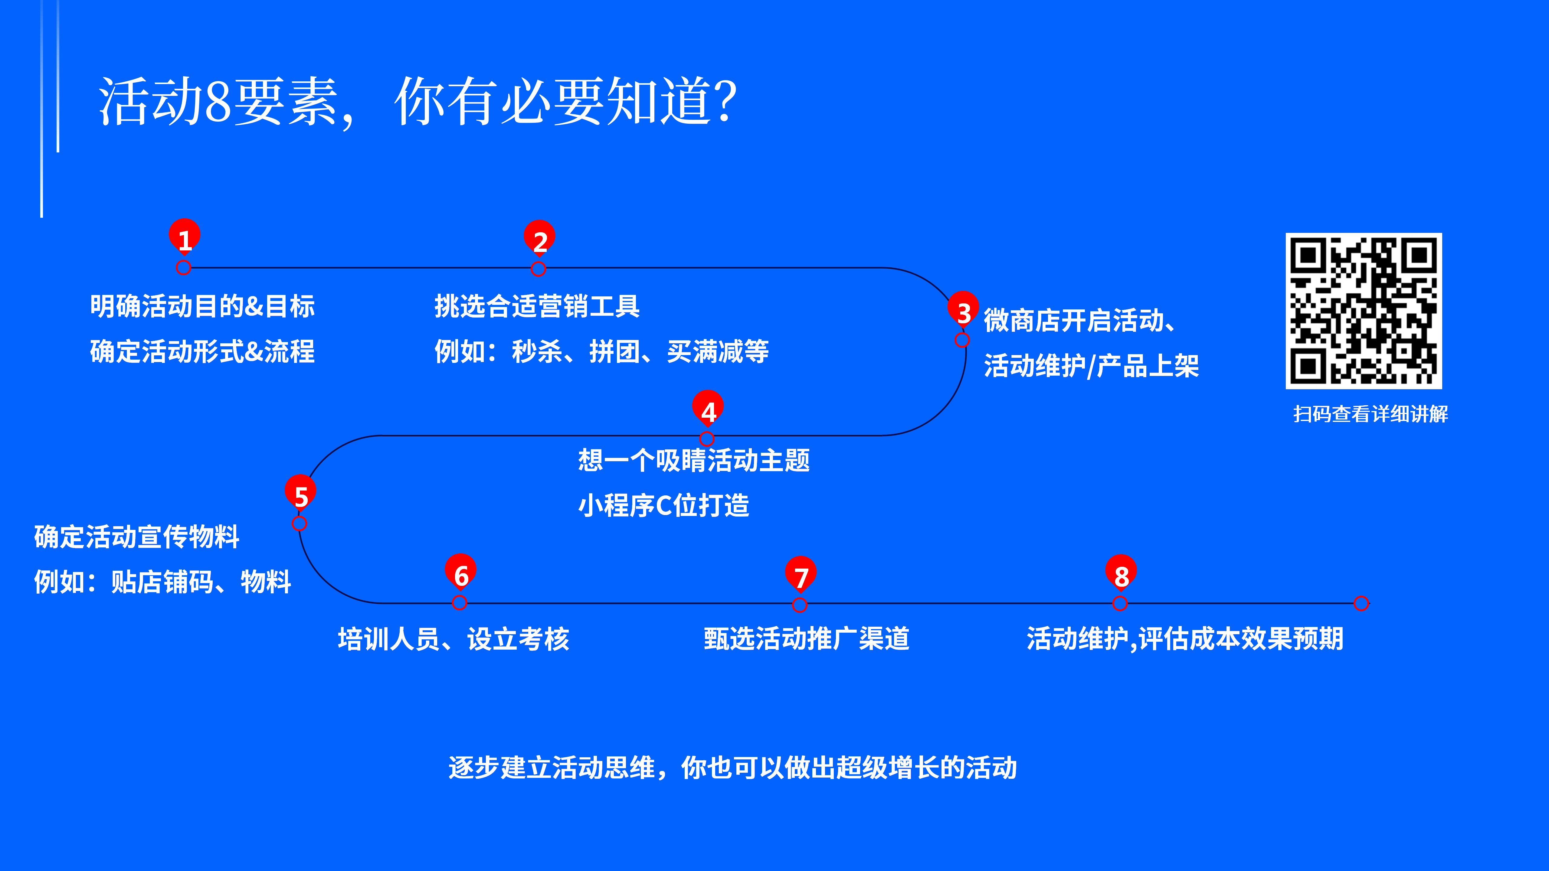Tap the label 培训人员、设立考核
tap(454, 638)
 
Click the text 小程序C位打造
tap(664, 505)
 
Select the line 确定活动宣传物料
tap(136, 536)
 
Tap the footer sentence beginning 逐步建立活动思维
tap(732, 768)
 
